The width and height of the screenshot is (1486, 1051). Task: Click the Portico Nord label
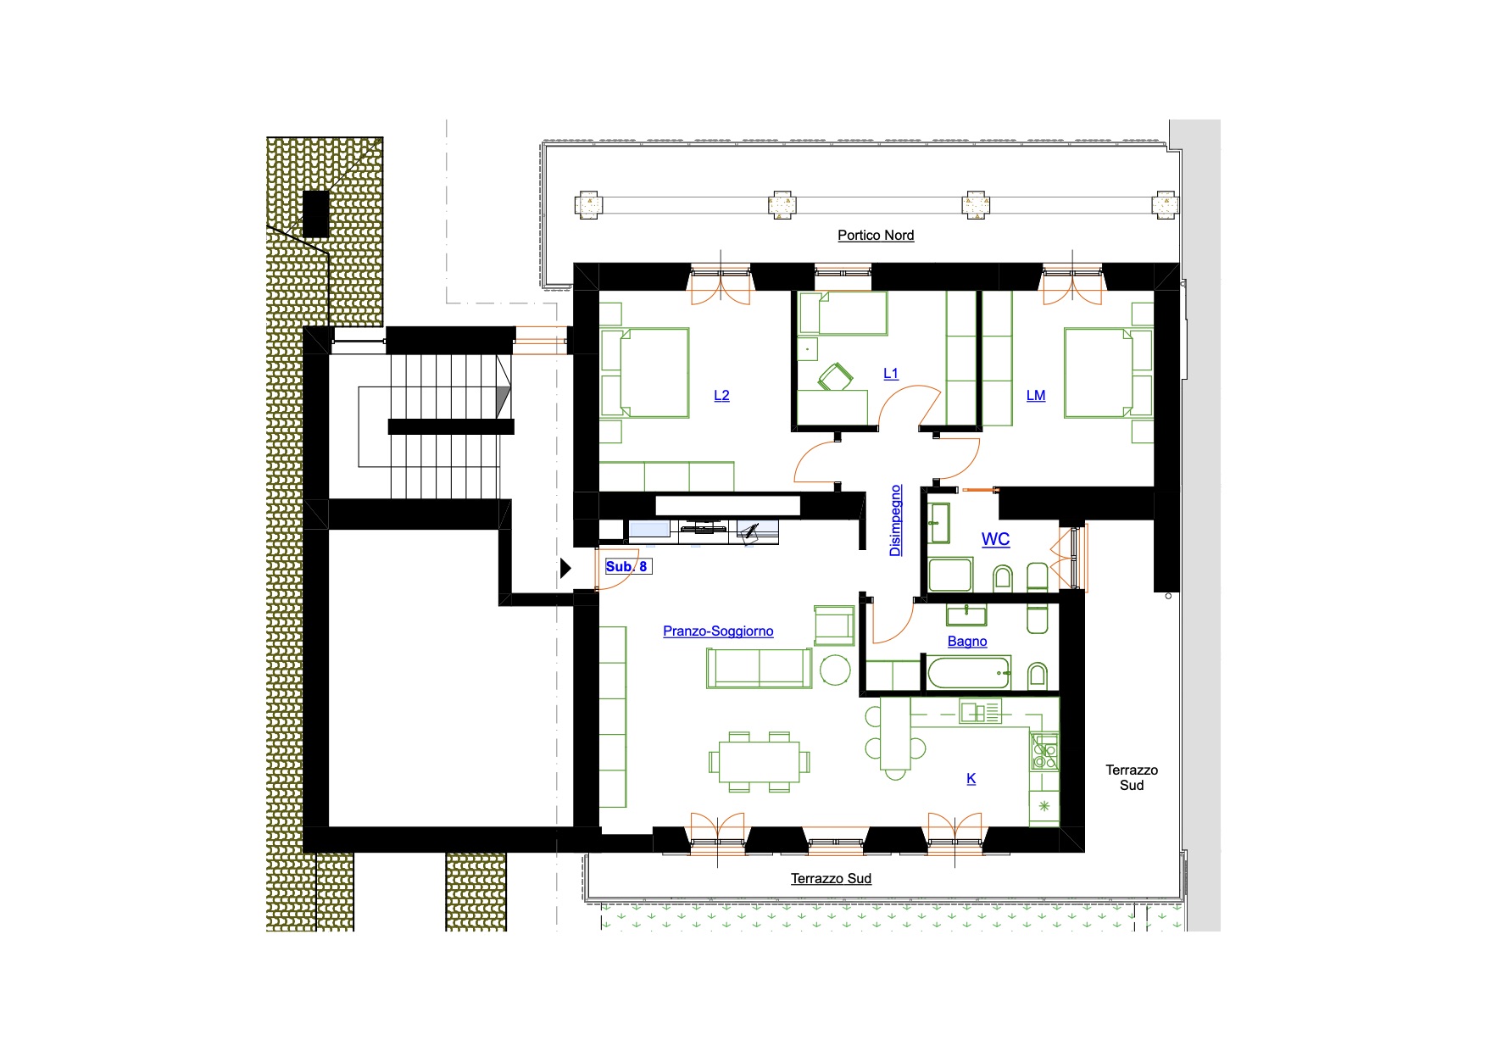tap(876, 235)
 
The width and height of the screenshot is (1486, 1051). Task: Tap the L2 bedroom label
tap(721, 395)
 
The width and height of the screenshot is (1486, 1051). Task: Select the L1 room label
tap(891, 373)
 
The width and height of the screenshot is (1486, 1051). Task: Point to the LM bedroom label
tap(1036, 395)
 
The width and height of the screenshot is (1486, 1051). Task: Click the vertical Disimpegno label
tap(896, 520)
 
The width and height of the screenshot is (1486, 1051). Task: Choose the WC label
tap(996, 539)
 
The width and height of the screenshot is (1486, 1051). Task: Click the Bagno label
tap(967, 642)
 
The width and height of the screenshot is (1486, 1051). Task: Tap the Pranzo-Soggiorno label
tap(718, 631)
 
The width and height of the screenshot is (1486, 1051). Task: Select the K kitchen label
tap(971, 778)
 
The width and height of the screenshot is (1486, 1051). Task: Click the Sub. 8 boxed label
tap(628, 566)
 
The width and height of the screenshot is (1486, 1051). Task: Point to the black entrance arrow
tap(565, 568)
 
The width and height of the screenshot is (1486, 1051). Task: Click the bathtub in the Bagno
tap(969, 674)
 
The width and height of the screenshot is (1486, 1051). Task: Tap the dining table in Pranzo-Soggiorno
tap(760, 762)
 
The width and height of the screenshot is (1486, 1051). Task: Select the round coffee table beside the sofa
tap(836, 670)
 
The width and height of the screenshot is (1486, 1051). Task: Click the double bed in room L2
tap(654, 373)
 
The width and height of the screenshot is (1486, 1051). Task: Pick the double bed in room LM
tap(1099, 373)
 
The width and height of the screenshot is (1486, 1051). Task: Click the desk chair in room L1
tap(836, 376)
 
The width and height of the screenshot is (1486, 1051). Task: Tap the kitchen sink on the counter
tap(980, 711)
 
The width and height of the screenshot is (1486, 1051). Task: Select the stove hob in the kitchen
tap(1044, 752)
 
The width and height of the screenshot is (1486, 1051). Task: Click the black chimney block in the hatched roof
tap(315, 214)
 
